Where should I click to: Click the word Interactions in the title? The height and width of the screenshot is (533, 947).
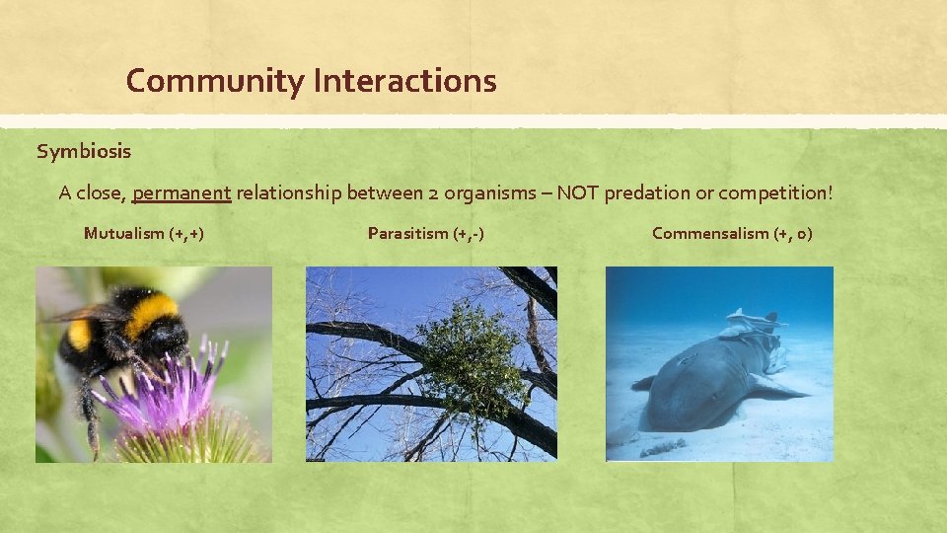[x=404, y=81]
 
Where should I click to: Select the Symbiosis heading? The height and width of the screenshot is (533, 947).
[x=84, y=152]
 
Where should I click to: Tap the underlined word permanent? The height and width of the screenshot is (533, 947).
[x=182, y=192]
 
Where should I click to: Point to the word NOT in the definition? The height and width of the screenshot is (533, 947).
[x=577, y=192]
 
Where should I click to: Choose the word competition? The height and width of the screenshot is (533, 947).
[x=773, y=192]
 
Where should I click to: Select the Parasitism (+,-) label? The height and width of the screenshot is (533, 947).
[x=425, y=234]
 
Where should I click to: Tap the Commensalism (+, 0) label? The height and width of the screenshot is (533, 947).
[x=732, y=234]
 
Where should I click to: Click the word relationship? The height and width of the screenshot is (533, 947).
[x=288, y=192]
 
